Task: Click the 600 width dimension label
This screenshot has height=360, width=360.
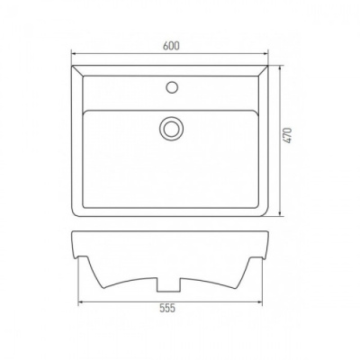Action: pos(171,46)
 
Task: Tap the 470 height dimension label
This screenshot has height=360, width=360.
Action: pos(288,135)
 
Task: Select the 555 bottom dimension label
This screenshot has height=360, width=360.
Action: pos(167,308)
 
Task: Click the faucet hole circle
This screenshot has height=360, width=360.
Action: pos(172,86)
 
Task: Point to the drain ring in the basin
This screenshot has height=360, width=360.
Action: pos(171,129)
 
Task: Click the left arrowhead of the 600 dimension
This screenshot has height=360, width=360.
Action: pos(74,54)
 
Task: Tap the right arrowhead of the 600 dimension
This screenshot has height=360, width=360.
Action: pos(265,54)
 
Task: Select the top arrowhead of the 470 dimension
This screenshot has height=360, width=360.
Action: pos(280,68)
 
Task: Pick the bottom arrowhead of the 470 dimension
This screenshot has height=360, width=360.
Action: pos(280,212)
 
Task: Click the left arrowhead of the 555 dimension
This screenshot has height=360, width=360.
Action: pos(81,301)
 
